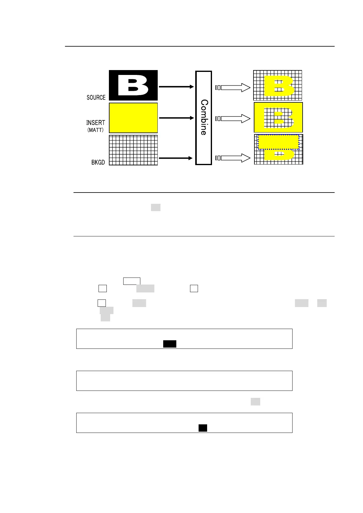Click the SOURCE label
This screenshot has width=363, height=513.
coord(96,97)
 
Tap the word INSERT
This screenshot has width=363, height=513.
coord(95,122)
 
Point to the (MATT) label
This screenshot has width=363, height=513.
coord(95,130)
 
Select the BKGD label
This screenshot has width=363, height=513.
coord(98,162)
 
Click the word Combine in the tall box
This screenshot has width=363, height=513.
coord(204,118)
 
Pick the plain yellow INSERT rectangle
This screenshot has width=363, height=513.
coord(133,118)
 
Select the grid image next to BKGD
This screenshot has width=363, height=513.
coord(133,150)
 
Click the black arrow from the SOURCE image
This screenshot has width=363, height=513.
coord(176,87)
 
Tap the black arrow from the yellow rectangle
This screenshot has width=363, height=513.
coord(176,118)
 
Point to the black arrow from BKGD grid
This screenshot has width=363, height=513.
coord(176,158)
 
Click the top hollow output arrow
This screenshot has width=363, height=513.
coord(233,88)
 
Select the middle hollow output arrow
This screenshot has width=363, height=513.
coord(233,119)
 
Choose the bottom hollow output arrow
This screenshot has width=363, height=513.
coord(233,158)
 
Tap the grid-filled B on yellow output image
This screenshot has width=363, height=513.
coord(278,118)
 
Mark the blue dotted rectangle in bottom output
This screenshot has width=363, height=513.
coord(278,142)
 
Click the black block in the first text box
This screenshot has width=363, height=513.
coord(170,344)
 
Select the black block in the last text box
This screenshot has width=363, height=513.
coord(203,428)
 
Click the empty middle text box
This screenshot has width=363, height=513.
coord(184,381)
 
